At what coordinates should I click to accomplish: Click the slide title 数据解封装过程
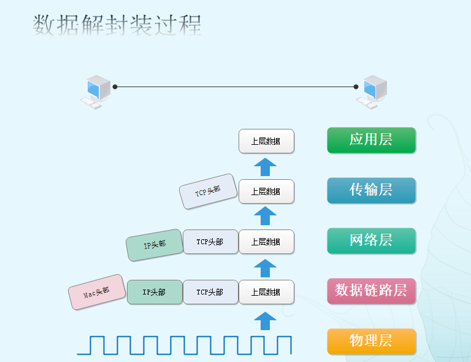click(x=117, y=25)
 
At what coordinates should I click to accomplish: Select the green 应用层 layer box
click(x=371, y=140)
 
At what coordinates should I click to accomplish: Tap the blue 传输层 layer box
click(x=371, y=190)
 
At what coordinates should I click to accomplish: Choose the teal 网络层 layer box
click(x=371, y=241)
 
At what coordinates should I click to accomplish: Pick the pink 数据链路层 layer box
click(x=371, y=291)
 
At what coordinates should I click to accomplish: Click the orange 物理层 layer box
click(x=371, y=341)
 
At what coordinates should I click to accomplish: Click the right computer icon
click(x=374, y=91)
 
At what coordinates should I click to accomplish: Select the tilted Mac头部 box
click(x=96, y=292)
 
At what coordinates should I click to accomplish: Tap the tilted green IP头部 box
click(x=155, y=245)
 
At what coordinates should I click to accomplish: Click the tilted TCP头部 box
click(x=208, y=191)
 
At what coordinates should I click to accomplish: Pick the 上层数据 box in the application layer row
click(x=266, y=141)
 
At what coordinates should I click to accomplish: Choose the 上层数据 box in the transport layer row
click(x=266, y=191)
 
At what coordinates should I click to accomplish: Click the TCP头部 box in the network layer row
click(x=210, y=242)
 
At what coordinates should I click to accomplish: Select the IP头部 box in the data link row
click(x=155, y=292)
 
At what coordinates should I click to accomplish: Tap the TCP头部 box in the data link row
click(x=210, y=292)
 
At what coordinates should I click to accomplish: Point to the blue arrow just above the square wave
click(x=266, y=321)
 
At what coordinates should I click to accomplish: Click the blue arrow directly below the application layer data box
click(x=266, y=166)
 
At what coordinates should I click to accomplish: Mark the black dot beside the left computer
click(x=115, y=87)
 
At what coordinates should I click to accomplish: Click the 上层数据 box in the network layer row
click(x=266, y=242)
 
